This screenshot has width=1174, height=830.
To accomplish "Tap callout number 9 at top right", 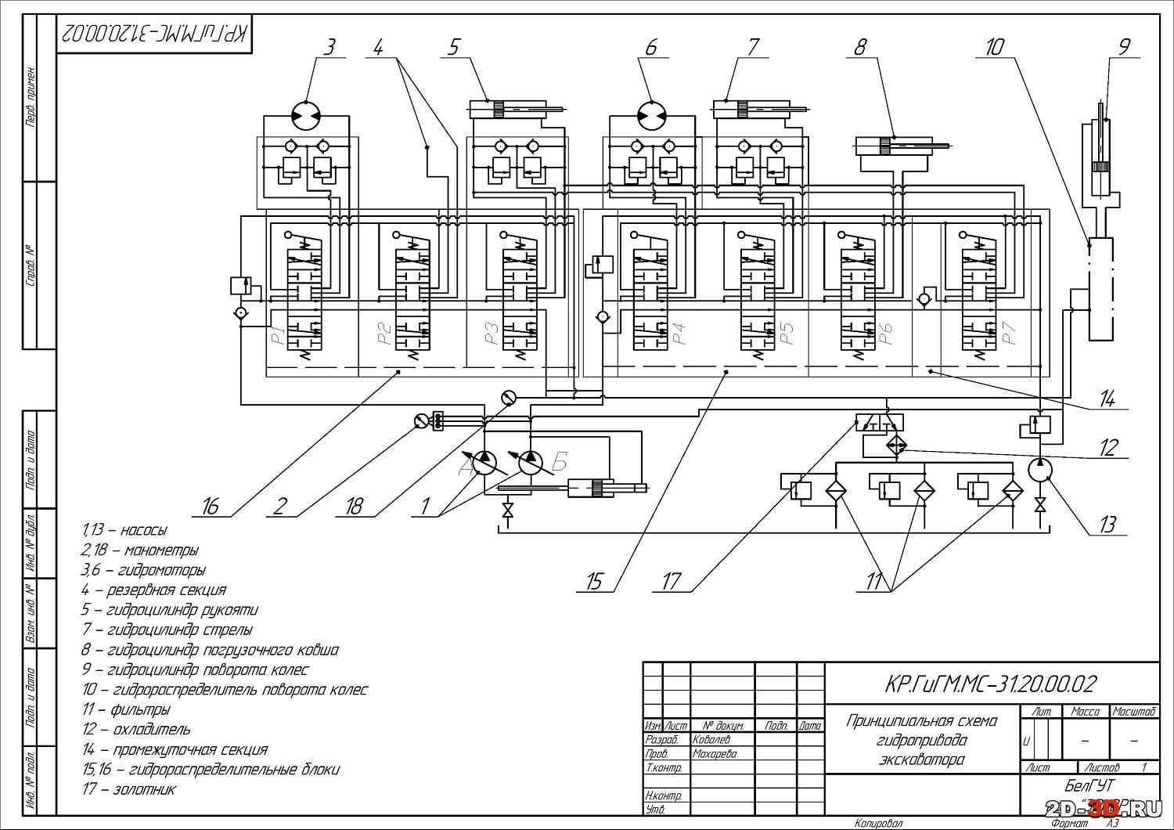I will tap(1124, 47).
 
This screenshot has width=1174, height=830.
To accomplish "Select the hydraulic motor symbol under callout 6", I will tap(651, 116).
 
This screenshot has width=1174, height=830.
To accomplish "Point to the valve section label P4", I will tap(678, 334).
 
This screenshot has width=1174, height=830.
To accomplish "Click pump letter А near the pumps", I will tap(467, 467).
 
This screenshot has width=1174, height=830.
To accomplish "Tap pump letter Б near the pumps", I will tap(559, 463).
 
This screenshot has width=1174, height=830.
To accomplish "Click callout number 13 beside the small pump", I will tap(1106, 524).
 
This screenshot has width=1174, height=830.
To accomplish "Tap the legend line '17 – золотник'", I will tap(129, 789).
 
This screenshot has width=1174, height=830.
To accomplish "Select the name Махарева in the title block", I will tap(714, 753).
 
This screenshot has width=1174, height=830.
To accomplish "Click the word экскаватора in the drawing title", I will tap(922, 760).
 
